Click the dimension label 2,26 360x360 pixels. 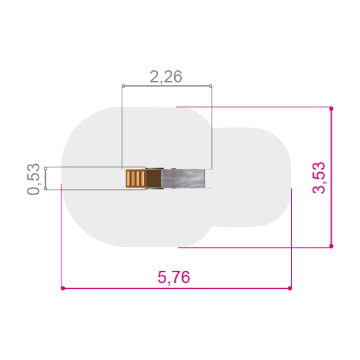pos(165,77)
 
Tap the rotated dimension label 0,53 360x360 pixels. pos(34,179)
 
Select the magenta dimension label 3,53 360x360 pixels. pos(319,178)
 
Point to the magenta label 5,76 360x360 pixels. pos(174,277)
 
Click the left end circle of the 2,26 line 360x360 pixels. pos(124,86)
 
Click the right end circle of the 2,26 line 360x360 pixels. pos(211,86)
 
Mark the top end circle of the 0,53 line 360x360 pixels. pos(45,169)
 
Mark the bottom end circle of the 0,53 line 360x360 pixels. pos(45,188)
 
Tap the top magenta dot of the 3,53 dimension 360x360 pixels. pos(331,108)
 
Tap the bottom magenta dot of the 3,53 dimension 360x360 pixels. pos(331,246)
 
